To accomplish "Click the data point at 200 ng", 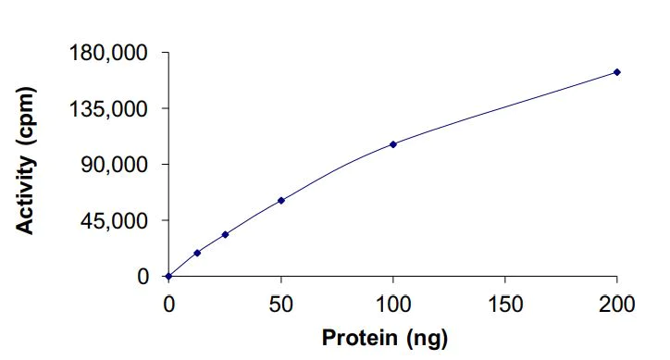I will tap(616, 72).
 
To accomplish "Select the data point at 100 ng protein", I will tap(393, 144).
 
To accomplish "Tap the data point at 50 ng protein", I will tap(280, 200).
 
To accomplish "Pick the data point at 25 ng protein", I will tap(225, 234).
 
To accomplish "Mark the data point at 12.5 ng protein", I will tap(197, 253).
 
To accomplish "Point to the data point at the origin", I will tap(168, 276).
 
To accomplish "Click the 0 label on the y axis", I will tap(143, 276).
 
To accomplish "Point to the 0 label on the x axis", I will tap(168, 303).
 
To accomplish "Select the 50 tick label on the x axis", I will tap(280, 303).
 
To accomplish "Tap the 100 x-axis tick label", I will tap(393, 303).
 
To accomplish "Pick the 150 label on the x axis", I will tap(505, 303).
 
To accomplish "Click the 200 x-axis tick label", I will tap(617, 303).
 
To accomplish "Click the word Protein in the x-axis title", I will tap(361, 337).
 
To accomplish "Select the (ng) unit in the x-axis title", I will tap(427, 338).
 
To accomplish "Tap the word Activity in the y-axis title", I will tap(27, 196).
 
